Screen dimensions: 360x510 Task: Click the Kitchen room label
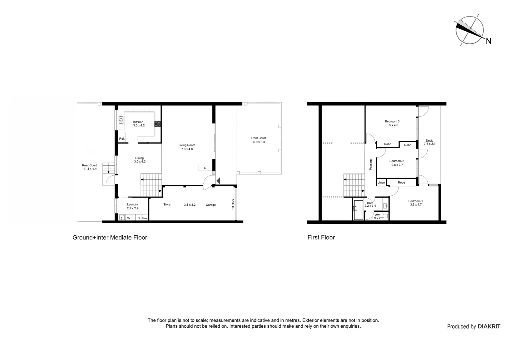pos(138,122)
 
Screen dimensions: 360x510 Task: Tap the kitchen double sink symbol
pos(121,120)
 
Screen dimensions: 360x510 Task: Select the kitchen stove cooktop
pos(157,124)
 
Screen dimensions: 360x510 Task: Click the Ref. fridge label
pos(122,139)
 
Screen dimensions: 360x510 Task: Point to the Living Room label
pos(187,145)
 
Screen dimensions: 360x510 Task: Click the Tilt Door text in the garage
pos(233,204)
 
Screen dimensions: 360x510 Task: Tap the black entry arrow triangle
pos(218,181)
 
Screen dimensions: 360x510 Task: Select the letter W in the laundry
pos(129,218)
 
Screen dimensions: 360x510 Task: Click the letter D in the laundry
pos(138,218)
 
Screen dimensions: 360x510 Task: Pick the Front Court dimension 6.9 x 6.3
pos(259,142)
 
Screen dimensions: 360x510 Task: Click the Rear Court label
pos(89,165)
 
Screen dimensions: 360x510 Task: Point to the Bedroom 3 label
pos(392,121)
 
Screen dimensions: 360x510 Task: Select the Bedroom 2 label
pos(397,161)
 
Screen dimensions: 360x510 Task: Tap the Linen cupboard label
pos(381,183)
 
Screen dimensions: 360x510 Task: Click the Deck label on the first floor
pos(429,141)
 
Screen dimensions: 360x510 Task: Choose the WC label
pos(377,215)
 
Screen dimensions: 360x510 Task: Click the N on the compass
pos(488,41)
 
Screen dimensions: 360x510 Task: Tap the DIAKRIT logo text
pos(489,327)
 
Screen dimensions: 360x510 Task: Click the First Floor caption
pos(321,237)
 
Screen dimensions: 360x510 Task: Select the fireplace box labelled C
pos(205,168)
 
